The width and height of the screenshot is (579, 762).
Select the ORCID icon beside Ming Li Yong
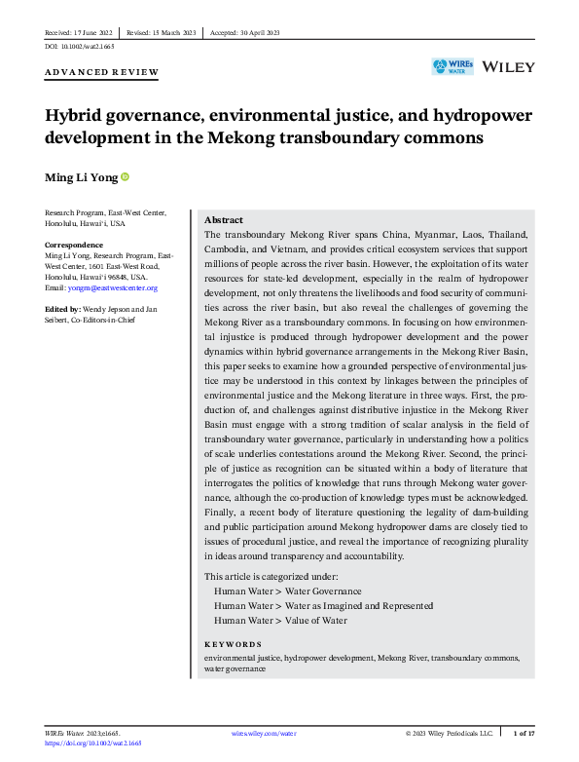(125, 176)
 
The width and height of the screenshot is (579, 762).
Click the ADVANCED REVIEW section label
(101, 73)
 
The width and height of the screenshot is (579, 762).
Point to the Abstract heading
(224, 220)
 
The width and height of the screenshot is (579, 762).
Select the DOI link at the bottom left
(93, 743)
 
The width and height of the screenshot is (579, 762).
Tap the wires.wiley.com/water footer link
(265, 732)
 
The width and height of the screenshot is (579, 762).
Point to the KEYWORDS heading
(233, 644)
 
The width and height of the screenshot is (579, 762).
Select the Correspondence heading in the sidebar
(75, 245)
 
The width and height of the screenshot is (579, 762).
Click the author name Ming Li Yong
(81, 177)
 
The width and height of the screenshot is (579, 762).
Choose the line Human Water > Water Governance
(273, 591)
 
